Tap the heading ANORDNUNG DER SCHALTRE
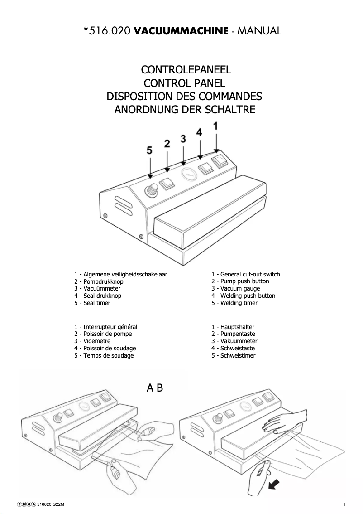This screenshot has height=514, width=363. pos(185,110)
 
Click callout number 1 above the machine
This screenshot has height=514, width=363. pos(216,126)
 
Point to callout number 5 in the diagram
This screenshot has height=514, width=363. pos(150,151)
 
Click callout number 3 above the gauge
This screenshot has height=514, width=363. pos(183,139)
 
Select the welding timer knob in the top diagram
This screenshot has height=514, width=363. pos(150,190)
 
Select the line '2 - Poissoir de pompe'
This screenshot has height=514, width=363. pos(103,334)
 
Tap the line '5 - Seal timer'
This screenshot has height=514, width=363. pos(92,303)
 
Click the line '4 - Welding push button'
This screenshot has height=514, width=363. pos(243,296)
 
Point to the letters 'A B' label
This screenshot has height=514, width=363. pos(155,388)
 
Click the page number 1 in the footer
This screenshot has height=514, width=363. pos(344,504)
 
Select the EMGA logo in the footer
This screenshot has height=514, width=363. pos(27,504)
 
